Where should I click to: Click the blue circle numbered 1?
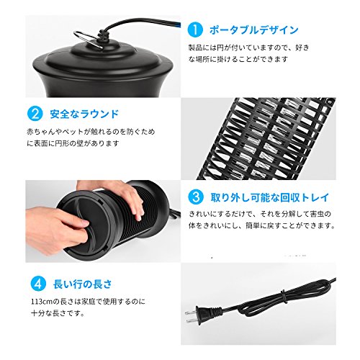195,30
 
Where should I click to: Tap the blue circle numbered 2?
35,114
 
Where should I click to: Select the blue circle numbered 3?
196,197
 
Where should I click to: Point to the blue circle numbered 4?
38,284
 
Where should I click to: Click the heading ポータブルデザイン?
253,30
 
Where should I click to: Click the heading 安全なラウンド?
84,114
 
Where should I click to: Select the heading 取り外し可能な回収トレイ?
270,197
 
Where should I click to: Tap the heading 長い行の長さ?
83,284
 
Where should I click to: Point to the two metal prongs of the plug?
191,317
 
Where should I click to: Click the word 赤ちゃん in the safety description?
41,132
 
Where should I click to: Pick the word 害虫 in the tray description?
317,214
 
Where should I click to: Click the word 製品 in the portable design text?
196,48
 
